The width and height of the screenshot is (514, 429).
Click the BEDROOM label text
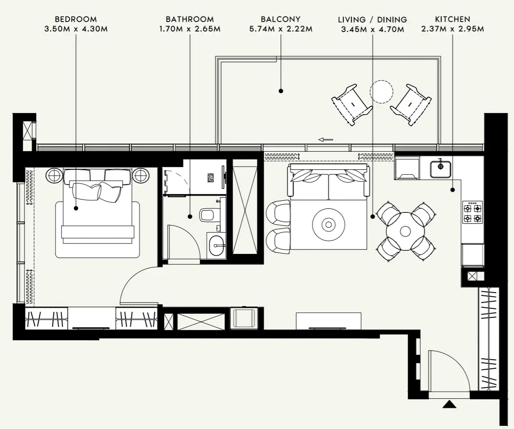point(75,19)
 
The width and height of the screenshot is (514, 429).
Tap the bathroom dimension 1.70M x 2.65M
point(189,29)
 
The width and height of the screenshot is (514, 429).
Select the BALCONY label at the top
point(280,19)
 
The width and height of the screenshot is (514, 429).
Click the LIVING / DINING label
point(372,20)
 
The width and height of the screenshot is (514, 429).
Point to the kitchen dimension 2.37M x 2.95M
point(452,29)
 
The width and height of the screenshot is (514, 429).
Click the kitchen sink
point(441,167)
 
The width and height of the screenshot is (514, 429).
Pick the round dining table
point(405,231)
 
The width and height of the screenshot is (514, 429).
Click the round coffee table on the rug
point(329,224)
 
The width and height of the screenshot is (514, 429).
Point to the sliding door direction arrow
point(325,140)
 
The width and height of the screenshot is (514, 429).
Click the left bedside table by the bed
point(55,175)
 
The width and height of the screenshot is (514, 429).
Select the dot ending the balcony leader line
point(281,91)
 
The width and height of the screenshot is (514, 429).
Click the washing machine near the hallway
point(243,318)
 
